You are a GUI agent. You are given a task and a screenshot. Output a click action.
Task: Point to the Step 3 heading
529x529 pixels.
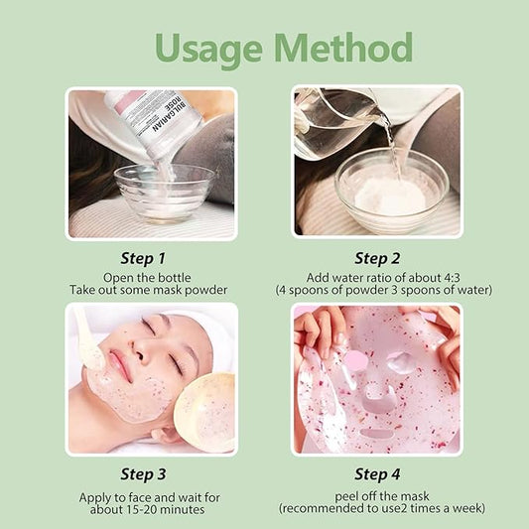[151, 472]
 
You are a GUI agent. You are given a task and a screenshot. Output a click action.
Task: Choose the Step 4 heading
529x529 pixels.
[377, 472]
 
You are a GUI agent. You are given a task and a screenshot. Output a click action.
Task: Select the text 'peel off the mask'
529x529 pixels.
[377, 493]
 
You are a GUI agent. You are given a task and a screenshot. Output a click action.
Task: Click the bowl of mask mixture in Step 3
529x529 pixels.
[205, 410]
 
